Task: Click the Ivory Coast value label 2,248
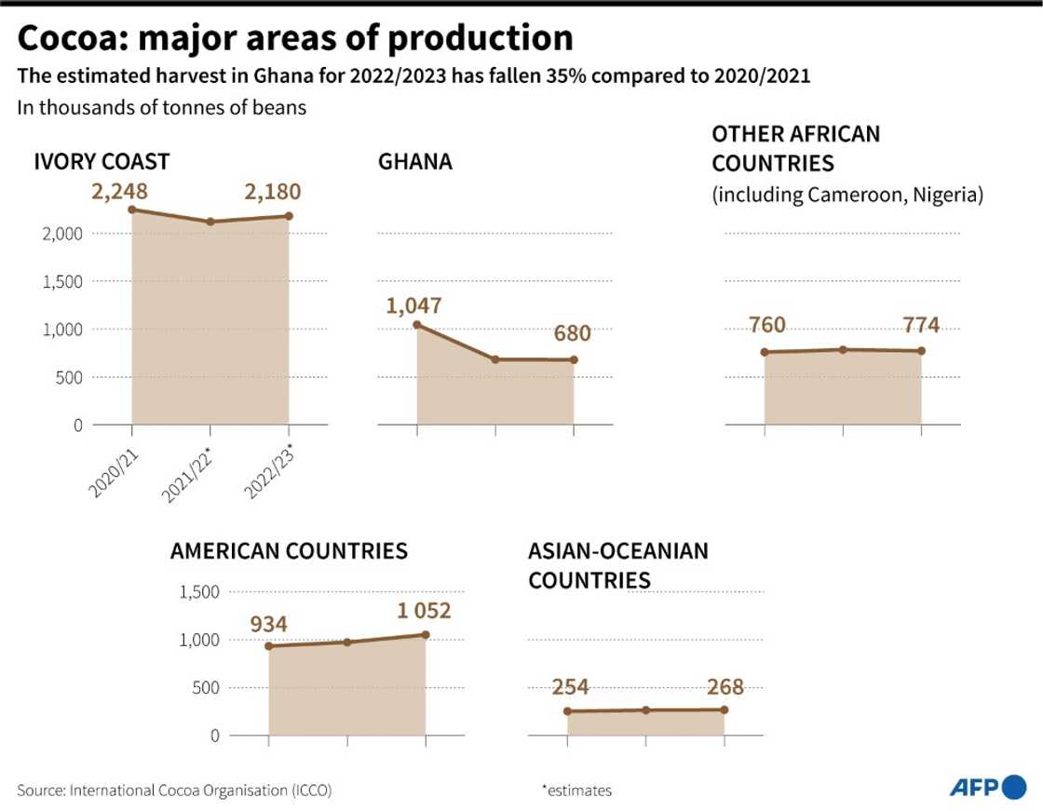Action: (x=119, y=192)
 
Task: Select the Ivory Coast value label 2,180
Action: (x=273, y=192)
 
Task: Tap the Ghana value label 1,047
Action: (x=414, y=305)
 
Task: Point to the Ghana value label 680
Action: (x=572, y=333)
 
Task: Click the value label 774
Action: (x=920, y=325)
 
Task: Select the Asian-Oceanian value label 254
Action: (x=570, y=687)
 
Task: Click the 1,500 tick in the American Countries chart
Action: (x=197, y=592)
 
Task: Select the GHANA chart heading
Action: (x=414, y=162)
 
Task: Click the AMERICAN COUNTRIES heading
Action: (x=289, y=551)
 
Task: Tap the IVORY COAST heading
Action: (x=102, y=162)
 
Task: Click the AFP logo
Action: (x=987, y=788)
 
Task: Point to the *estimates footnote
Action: (x=576, y=791)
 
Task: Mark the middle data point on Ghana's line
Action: (x=495, y=359)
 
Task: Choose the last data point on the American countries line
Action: (x=426, y=635)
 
